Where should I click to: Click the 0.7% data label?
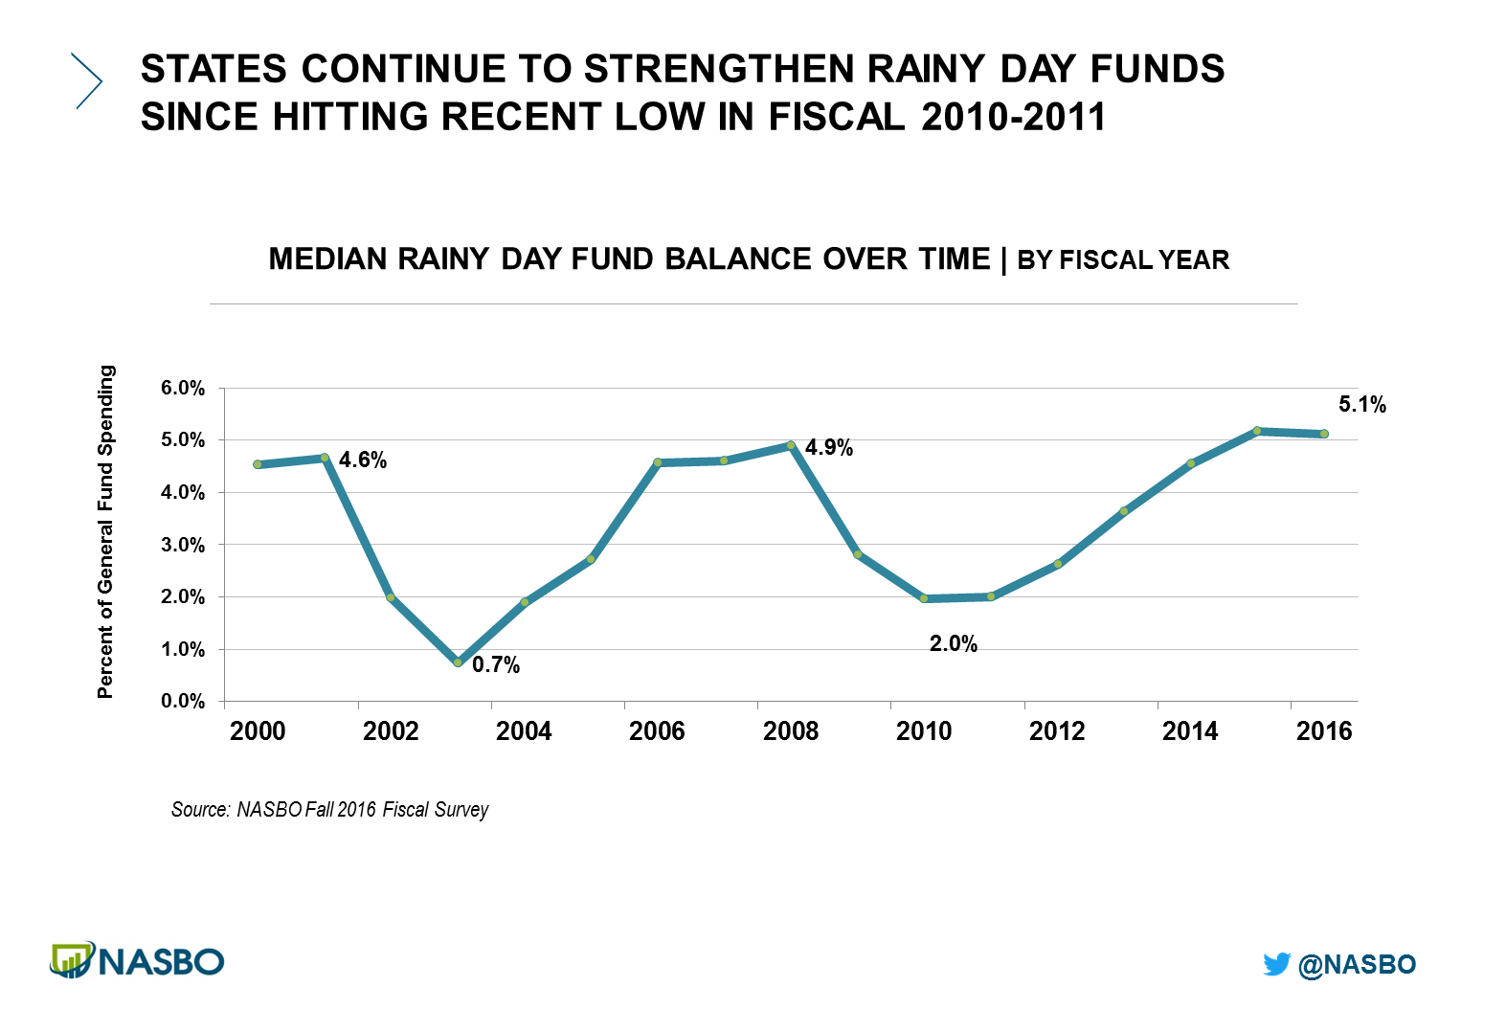(x=496, y=664)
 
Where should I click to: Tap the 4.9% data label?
(x=828, y=448)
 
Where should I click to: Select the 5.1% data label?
(x=1361, y=405)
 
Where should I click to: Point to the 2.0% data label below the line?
(x=953, y=644)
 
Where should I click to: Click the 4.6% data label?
(x=363, y=460)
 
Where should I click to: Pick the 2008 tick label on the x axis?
(x=790, y=731)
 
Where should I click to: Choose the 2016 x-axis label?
(x=1323, y=731)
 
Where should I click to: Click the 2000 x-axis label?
(x=258, y=731)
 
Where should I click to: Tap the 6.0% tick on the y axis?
(x=183, y=389)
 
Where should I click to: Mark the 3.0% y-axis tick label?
(x=183, y=545)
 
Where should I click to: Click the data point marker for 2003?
(x=458, y=662)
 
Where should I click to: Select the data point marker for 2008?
(x=791, y=445)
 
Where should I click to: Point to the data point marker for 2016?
(x=1324, y=434)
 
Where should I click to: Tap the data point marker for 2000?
(x=258, y=464)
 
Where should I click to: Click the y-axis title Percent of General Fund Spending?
(x=105, y=531)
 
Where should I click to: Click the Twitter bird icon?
(x=1276, y=964)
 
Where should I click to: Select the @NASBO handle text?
(x=1357, y=964)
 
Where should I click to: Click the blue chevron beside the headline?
(x=87, y=81)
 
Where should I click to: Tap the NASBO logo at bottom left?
(x=137, y=960)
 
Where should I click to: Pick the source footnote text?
(x=329, y=810)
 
